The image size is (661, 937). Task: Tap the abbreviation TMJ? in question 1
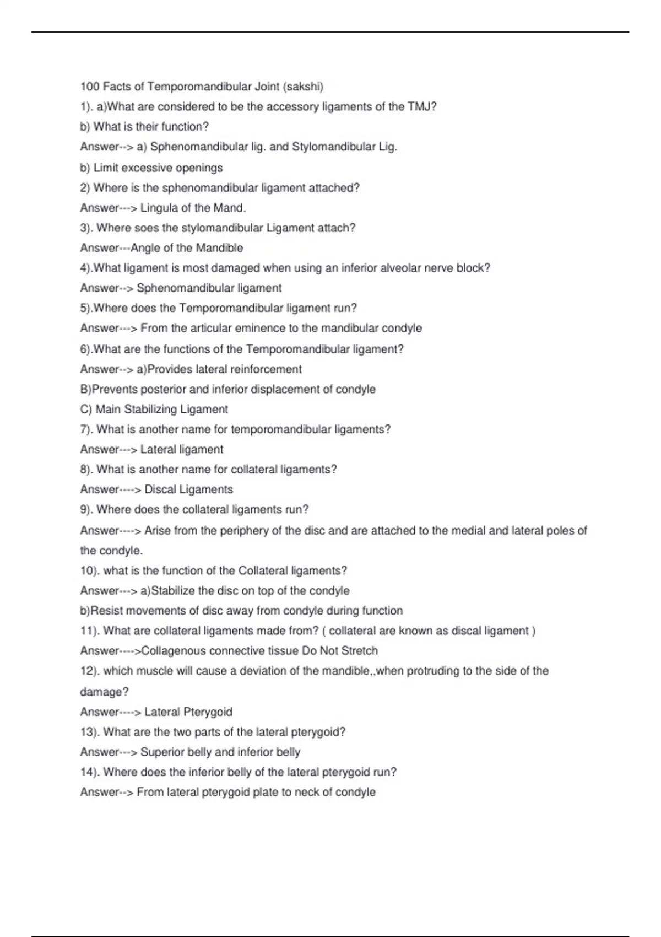click(x=422, y=106)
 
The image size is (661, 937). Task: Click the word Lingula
click(x=158, y=208)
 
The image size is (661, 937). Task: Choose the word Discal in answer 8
click(x=160, y=489)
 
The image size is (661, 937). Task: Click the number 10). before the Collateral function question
click(x=90, y=570)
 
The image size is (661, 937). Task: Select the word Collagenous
click(x=173, y=651)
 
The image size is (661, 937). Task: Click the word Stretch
click(x=360, y=651)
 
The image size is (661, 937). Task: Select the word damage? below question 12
click(x=104, y=692)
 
